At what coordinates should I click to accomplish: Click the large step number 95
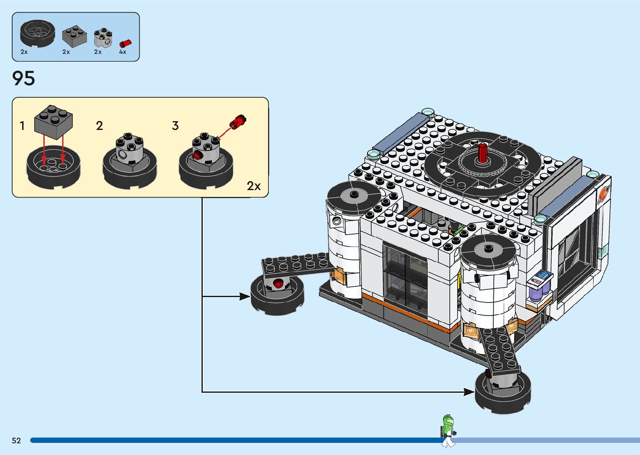pos(23,78)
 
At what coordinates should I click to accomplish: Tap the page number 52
pos(16,440)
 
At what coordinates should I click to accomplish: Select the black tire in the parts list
pos(38,33)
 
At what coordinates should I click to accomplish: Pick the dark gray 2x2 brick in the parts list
pos(74,36)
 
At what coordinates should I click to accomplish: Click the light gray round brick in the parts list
pos(103,38)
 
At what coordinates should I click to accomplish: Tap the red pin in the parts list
pos(125,43)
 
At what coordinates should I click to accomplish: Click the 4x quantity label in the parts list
pos(122,52)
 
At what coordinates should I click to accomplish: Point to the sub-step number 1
pos(22,126)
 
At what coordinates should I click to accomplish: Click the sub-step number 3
pos(175,126)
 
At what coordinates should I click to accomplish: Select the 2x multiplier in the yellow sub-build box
pos(254,186)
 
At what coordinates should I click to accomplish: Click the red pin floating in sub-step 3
pos(238,122)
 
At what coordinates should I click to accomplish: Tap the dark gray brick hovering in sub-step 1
pos(54,122)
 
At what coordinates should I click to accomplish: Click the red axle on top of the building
pos(482,153)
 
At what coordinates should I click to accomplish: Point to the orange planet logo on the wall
pos(603,194)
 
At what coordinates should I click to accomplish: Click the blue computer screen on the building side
pos(542,276)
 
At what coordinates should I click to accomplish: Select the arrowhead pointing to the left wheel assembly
pos(245,297)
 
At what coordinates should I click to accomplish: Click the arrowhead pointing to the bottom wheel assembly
pos(469,392)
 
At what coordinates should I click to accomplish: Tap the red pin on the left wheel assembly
pos(278,284)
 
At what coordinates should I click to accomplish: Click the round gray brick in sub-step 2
pos(130,148)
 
